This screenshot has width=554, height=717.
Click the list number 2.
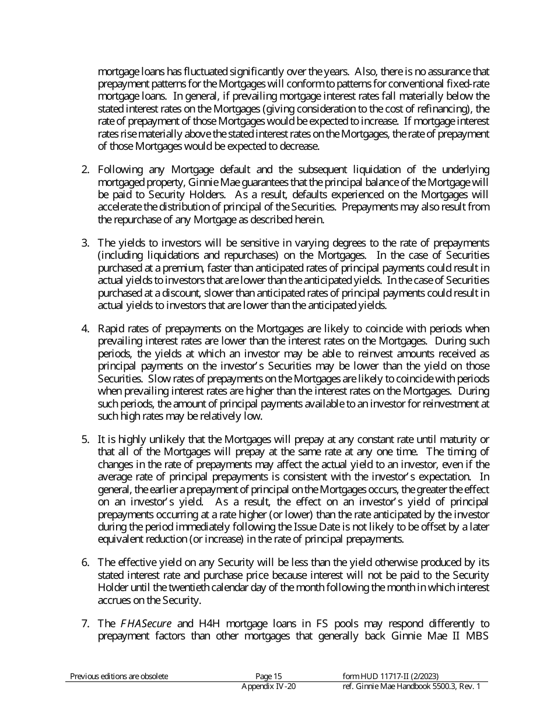click(x=85, y=170)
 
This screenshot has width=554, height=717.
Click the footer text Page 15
click(x=268, y=676)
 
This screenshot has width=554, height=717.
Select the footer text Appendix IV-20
click(x=268, y=687)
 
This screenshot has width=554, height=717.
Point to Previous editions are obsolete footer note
click(x=119, y=676)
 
